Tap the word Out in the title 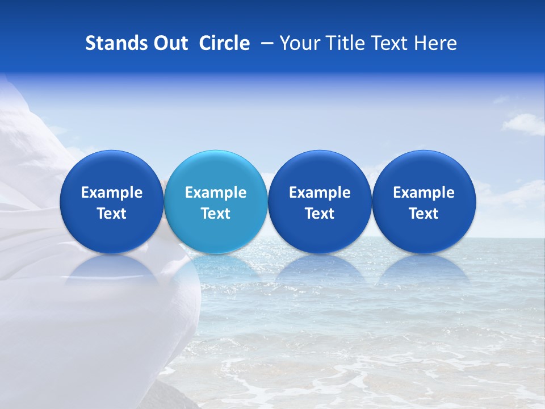point(169,43)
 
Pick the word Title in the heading point(342,43)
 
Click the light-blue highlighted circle point(216,202)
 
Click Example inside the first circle point(111,193)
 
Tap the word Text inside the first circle point(111,214)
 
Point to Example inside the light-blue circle point(216,193)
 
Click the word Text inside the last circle point(424,214)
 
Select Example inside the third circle point(320,193)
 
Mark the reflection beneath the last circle point(424,269)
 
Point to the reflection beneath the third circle point(320,269)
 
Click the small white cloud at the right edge point(526,123)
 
